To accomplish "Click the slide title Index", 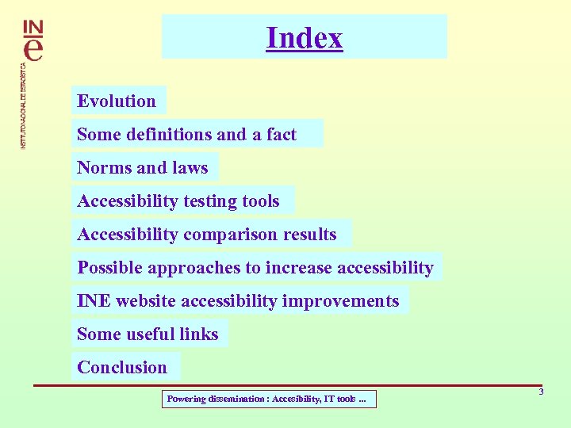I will coord(305,38).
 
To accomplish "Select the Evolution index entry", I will coord(117,101).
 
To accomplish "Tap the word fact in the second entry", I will coord(282,135).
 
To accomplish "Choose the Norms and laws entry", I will coord(142,168).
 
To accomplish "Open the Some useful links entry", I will coord(148,334).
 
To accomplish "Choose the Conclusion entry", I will coord(122,368).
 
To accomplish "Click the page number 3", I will coord(541,392).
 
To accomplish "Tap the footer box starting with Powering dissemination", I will coord(268,399).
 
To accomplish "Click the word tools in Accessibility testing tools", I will coord(261,201).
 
